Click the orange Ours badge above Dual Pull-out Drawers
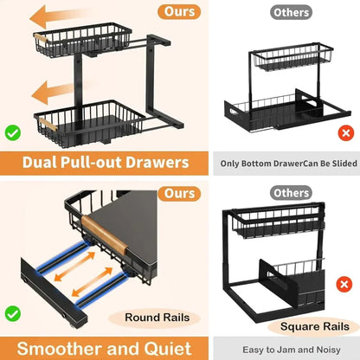click(181, 13)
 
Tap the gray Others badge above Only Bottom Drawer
click(291, 13)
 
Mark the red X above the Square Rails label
click(345, 308)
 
